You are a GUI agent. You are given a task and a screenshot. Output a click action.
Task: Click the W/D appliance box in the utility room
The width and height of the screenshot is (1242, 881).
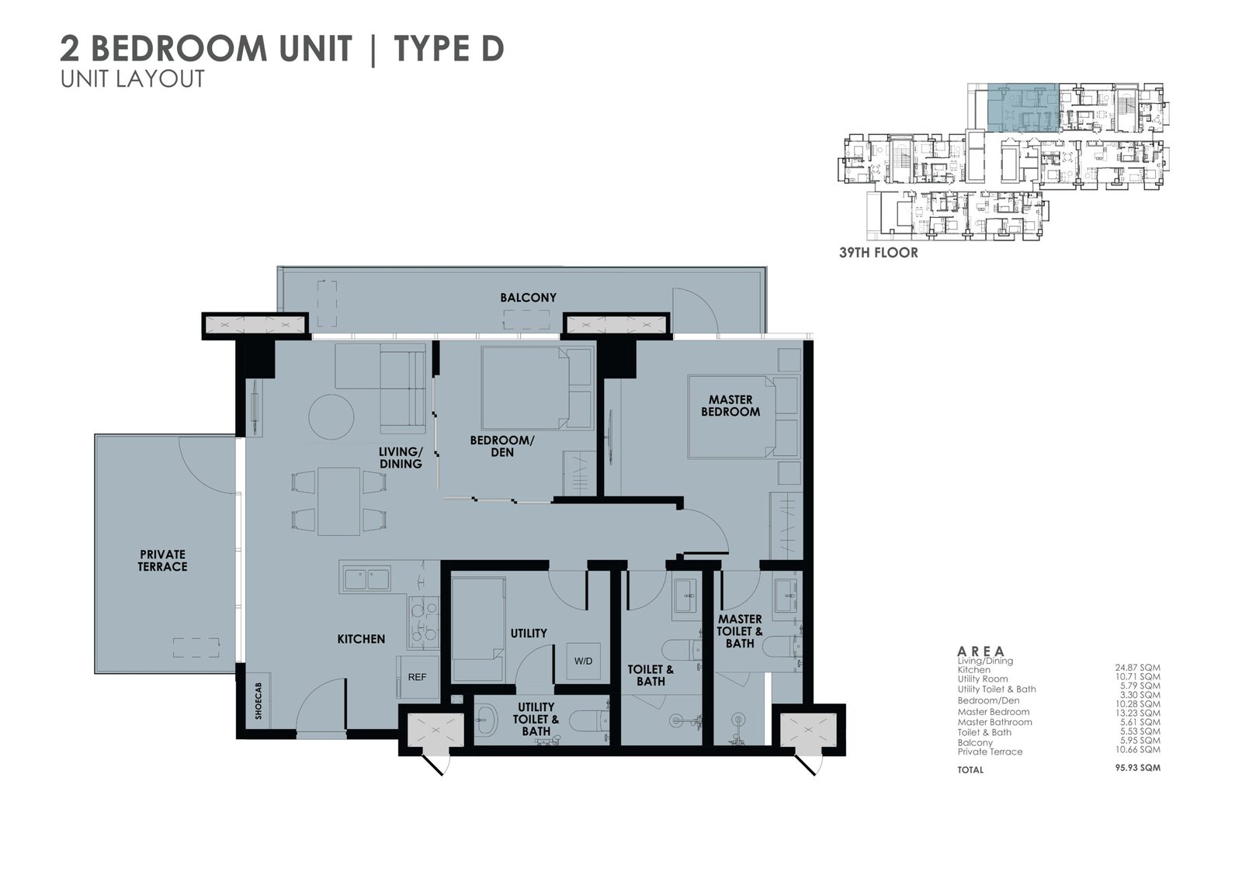coord(583,661)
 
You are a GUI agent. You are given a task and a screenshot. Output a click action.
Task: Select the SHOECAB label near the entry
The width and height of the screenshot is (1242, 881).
coord(258,701)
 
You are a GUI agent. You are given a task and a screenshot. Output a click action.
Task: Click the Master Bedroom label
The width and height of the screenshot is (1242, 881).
coord(730,406)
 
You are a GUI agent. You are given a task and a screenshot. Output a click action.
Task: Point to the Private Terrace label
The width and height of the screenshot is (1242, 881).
coord(162,560)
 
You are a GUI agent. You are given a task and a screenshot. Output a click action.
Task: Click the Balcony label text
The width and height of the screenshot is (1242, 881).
coord(528,298)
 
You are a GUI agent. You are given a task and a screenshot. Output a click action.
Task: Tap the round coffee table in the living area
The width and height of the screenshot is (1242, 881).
coord(331,417)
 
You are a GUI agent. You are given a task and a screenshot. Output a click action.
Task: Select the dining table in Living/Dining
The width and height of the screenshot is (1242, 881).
coord(338,502)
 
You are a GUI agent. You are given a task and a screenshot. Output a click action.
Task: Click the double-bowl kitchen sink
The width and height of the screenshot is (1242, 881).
coord(366,579)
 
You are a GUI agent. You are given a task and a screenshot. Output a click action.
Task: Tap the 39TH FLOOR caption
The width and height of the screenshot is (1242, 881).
coord(878,253)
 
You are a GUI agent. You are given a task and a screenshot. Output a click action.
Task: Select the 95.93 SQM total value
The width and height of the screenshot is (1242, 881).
coord(1137,768)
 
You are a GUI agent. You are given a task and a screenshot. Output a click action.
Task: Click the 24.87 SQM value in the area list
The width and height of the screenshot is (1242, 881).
coord(1138,668)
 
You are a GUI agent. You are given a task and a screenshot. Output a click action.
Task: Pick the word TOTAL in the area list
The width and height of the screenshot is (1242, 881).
coord(970,769)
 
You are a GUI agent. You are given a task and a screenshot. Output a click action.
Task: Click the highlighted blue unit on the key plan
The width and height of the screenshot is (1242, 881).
coord(1023,108)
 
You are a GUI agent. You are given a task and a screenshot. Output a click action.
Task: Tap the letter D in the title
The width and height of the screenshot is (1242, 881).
coord(490,48)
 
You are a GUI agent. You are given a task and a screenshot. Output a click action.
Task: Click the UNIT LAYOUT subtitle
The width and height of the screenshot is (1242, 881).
coord(133,79)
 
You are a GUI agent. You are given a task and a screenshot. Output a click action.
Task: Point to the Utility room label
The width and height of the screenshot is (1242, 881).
coord(529,633)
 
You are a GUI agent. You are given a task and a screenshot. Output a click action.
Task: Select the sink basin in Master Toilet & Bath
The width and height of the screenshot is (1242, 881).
coord(786,596)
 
